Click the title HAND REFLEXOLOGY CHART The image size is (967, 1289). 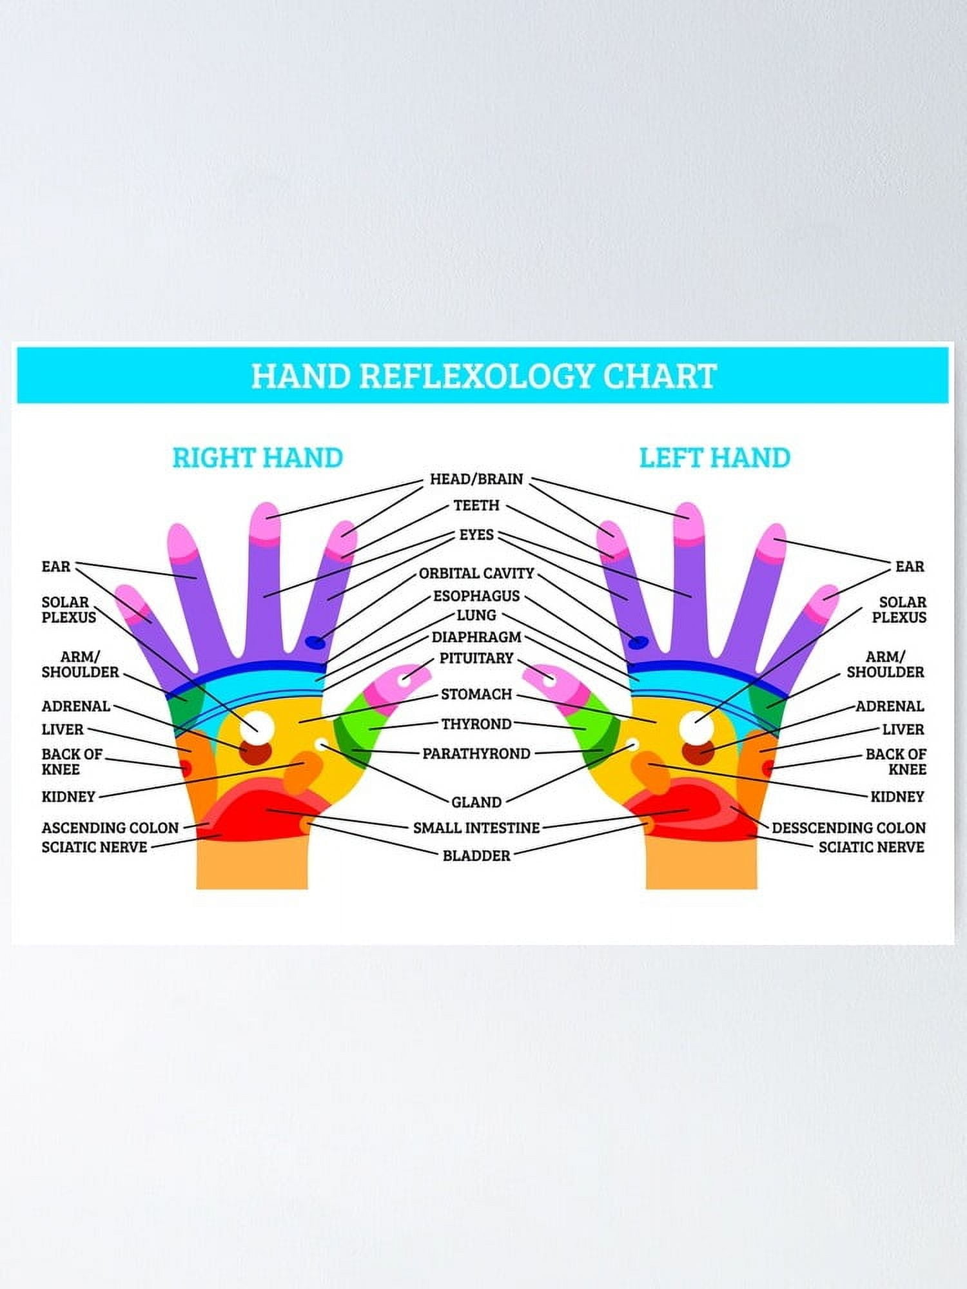coord(484,376)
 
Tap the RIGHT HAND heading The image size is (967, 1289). coord(257,458)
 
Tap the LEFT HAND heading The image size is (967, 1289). coord(714,458)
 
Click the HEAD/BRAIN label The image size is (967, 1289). coord(476,479)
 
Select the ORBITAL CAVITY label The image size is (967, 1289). coord(476,573)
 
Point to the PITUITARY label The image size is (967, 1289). coord(476,658)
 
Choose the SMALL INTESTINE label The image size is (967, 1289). coord(476,828)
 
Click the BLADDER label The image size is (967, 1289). coord(476,856)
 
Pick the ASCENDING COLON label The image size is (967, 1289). coord(110,828)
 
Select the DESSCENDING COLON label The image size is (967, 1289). coord(848,828)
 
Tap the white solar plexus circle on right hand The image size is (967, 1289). coord(257,727)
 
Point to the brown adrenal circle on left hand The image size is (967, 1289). coord(698,751)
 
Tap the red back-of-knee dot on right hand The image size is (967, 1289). coord(185,768)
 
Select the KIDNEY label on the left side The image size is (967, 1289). coord(68,797)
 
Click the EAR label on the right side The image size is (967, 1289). coord(910,567)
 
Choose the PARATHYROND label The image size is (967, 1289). coord(476,753)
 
